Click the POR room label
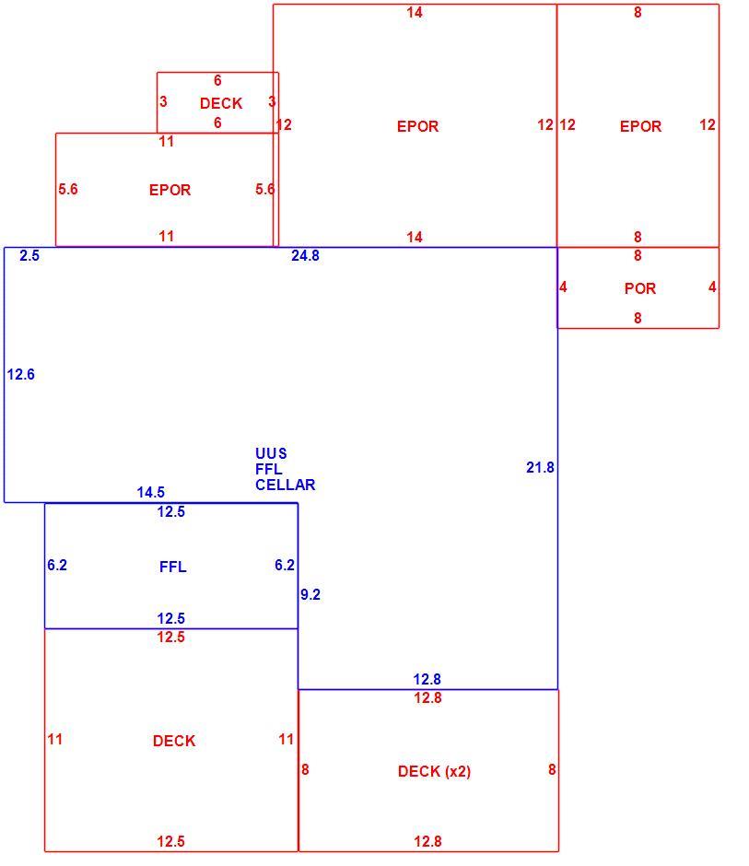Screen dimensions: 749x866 (x=639, y=288)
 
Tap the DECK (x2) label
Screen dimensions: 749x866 (x=434, y=771)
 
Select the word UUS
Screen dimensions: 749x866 (x=271, y=453)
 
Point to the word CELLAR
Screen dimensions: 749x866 (x=285, y=485)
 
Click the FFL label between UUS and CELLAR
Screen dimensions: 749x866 (x=268, y=469)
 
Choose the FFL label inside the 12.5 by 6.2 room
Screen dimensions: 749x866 (x=172, y=567)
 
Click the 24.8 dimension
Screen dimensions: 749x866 (x=306, y=256)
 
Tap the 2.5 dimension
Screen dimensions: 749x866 (x=29, y=256)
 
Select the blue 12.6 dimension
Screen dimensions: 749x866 (x=20, y=374)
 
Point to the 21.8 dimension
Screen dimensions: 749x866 (x=540, y=468)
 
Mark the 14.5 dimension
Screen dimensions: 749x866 (x=151, y=492)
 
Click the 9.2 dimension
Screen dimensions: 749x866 (x=310, y=594)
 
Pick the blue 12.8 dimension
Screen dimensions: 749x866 (x=427, y=679)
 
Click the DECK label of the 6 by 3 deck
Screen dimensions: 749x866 (x=221, y=103)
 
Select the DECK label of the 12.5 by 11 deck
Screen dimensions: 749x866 (x=174, y=741)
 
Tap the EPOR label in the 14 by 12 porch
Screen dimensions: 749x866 (x=417, y=126)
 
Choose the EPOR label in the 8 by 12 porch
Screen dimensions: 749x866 (x=640, y=126)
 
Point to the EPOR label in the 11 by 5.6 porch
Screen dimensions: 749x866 (x=170, y=190)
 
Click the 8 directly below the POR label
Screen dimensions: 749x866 (x=638, y=318)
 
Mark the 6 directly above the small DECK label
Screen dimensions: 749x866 (x=217, y=81)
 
